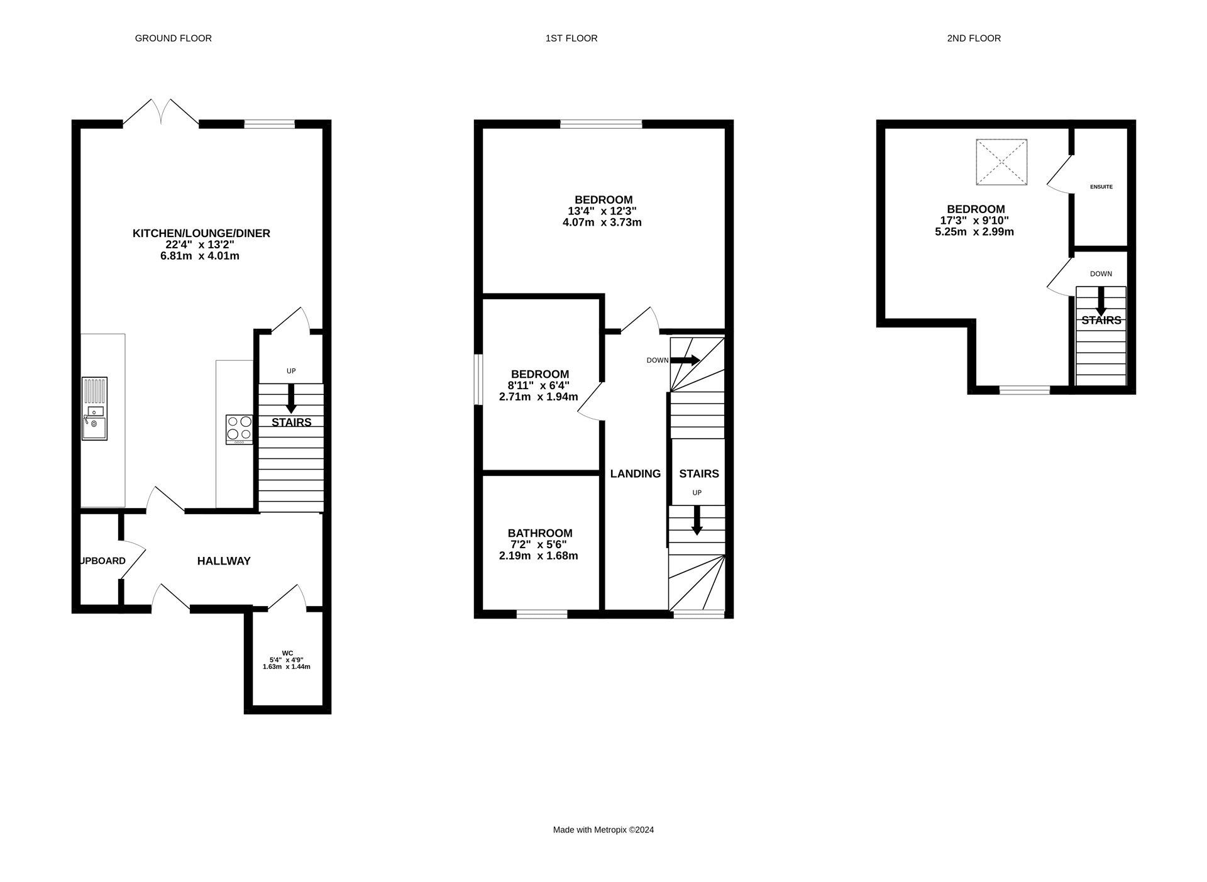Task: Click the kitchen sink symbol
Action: (94, 409)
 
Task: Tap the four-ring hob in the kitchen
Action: (239, 429)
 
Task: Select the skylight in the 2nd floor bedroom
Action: (1001, 162)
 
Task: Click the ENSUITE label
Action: (1101, 187)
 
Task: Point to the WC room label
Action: (287, 653)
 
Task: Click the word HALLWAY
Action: (224, 561)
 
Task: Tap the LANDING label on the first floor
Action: (635, 473)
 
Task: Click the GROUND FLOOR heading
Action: (173, 38)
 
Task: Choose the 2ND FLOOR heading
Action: (973, 38)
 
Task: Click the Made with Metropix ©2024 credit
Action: (603, 830)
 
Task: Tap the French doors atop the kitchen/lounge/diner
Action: (161, 113)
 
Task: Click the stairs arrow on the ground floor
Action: (290, 399)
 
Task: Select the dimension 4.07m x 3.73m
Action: (602, 223)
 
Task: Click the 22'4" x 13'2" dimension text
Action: (200, 245)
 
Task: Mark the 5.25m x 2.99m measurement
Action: (974, 231)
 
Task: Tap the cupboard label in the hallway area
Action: (102, 561)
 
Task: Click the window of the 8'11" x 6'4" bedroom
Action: (478, 379)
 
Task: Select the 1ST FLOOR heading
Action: (571, 38)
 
